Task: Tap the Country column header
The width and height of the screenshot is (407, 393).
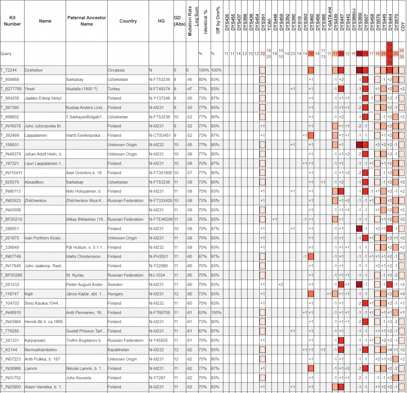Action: coord(128,21)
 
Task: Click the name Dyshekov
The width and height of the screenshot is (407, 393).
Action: coord(34,70)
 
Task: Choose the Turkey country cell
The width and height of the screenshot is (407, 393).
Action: coord(114,89)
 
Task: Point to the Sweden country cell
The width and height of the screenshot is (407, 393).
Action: coord(115,284)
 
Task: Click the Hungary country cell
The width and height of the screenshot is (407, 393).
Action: coord(116,294)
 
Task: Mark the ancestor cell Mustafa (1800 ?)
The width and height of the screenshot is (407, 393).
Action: coord(82,89)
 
